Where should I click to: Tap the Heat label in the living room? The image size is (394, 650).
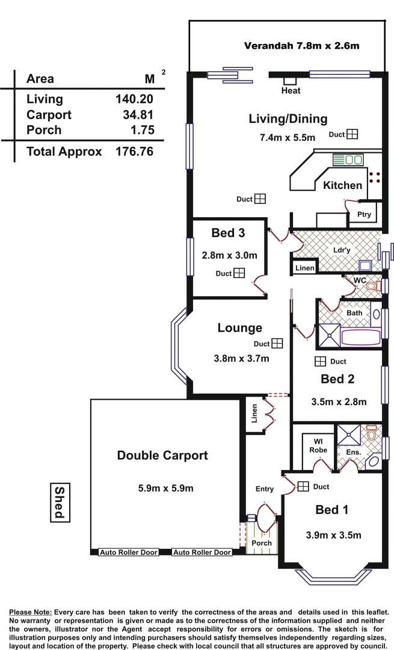point(291,91)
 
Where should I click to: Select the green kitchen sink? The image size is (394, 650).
point(348,160)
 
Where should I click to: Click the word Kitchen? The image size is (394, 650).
point(342,185)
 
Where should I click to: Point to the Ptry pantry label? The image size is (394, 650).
point(364,214)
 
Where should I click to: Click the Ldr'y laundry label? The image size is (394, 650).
point(342,250)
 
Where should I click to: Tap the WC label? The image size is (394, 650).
point(360,280)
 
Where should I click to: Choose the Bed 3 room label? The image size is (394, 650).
point(228,233)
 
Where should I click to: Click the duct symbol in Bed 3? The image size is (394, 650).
point(239,273)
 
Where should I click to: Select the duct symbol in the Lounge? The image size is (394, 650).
point(277,344)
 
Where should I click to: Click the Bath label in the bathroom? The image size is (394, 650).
point(354,313)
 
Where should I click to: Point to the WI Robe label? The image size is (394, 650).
point(318,445)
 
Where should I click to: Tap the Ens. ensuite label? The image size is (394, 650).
point(354,451)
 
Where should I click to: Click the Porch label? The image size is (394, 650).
point(262,543)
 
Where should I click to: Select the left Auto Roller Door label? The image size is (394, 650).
point(128,552)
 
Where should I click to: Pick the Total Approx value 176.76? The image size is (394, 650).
point(134,152)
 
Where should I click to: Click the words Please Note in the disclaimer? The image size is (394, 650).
point(30,612)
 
